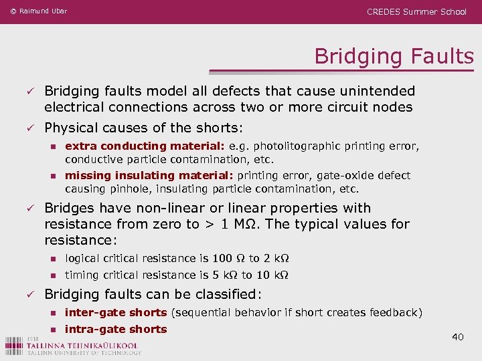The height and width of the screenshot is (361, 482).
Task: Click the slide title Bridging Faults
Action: (394, 56)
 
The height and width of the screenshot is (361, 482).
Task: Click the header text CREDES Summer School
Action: (416, 11)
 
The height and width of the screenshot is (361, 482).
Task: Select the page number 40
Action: (457, 337)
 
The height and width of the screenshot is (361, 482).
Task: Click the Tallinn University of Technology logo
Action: (72, 345)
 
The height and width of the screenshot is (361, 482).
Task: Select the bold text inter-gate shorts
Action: (115, 312)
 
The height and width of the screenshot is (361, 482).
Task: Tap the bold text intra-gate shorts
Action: (115, 329)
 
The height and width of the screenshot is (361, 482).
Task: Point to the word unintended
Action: (372, 91)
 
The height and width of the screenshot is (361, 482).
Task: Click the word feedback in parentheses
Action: (394, 312)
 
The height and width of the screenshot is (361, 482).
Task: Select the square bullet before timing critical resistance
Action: (53, 275)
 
